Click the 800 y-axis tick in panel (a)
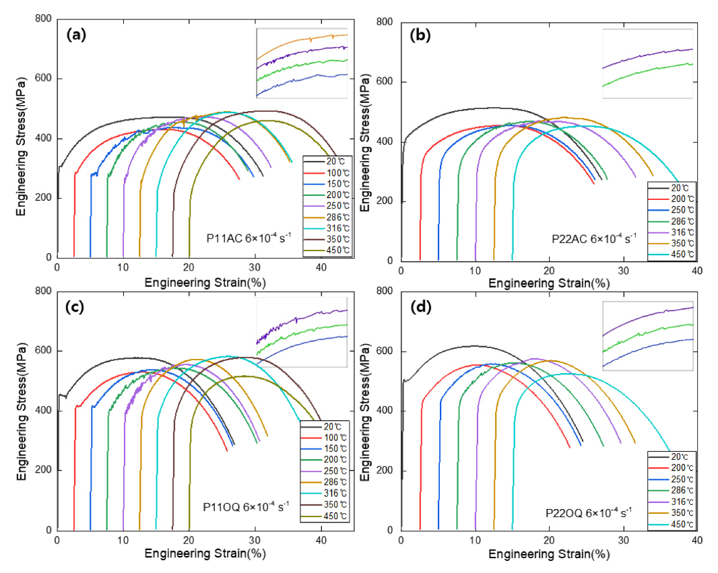coord(44,19)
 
